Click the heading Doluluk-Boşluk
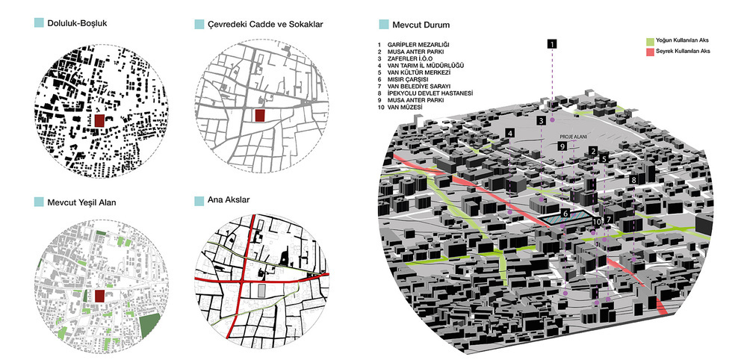[x=77, y=23]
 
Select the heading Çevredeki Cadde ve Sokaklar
[x=265, y=24]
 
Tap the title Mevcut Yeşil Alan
[x=81, y=202]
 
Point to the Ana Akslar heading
[x=228, y=200]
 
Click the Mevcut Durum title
[x=421, y=25]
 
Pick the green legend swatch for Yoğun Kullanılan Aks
[x=649, y=41]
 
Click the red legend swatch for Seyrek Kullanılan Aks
[x=649, y=51]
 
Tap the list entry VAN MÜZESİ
[x=406, y=108]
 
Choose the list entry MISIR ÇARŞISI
[x=409, y=79]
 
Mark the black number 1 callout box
[x=552, y=44]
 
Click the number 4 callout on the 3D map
[x=510, y=134]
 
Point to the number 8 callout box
[x=633, y=180]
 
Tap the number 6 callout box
[x=565, y=214]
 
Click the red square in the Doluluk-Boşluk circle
[x=99, y=120]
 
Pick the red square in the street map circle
[x=259, y=116]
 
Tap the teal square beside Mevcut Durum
[x=383, y=25]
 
